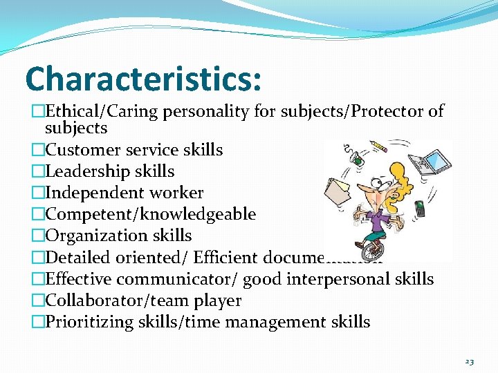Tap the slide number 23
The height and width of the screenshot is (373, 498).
coord(470,361)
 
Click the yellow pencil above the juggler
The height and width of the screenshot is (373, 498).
coord(380,149)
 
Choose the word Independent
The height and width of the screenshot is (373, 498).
coord(89,193)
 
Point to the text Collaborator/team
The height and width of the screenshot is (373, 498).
coord(129,300)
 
